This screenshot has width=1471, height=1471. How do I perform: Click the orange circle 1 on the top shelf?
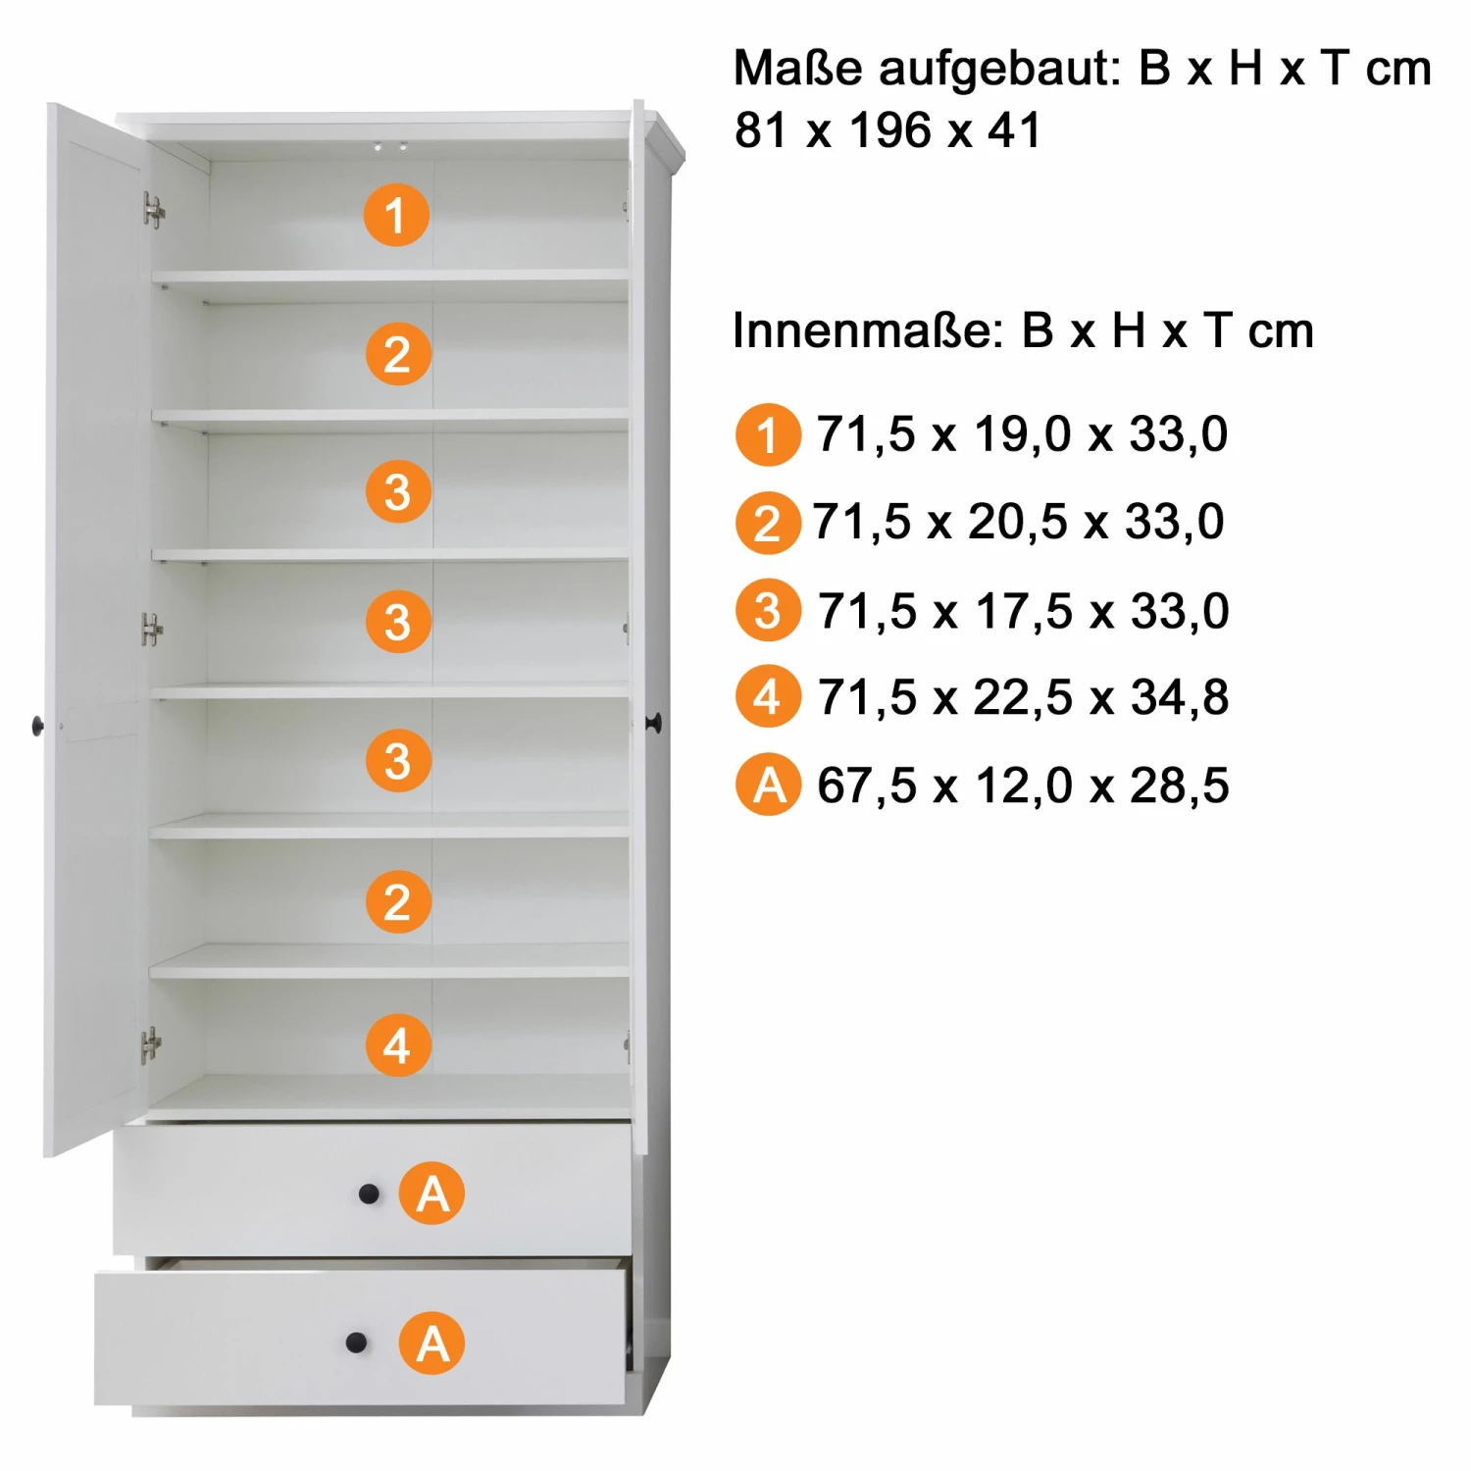tap(396, 215)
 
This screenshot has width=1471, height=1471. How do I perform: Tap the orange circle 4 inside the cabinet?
tap(398, 1045)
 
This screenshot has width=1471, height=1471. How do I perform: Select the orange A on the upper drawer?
tap(432, 1193)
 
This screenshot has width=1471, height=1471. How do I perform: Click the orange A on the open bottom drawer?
tap(431, 1343)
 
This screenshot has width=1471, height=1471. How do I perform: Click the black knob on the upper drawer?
tap(369, 1193)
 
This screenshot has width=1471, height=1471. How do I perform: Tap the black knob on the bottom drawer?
tap(357, 1343)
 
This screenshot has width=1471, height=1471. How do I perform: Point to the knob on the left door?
tap(38, 726)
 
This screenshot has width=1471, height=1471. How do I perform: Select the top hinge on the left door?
tap(154, 210)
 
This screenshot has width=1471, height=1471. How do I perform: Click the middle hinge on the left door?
tap(152, 629)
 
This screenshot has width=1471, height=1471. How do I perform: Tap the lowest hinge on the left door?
tap(151, 1045)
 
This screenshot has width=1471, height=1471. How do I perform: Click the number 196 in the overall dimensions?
tap(890, 130)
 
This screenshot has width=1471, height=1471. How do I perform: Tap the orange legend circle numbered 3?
tap(768, 611)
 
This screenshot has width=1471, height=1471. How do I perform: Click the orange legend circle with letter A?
tap(768, 786)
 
